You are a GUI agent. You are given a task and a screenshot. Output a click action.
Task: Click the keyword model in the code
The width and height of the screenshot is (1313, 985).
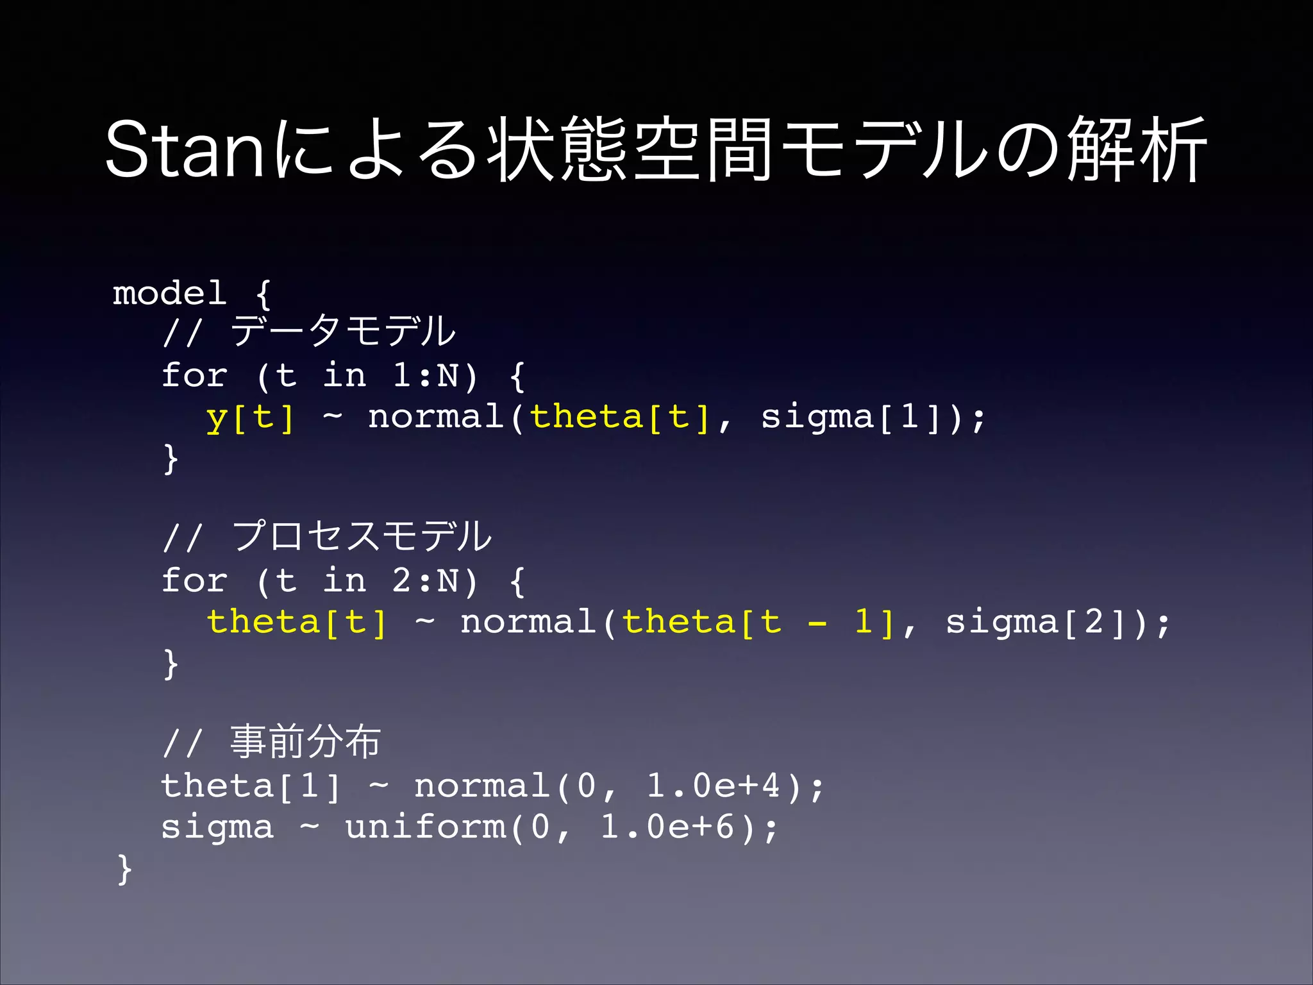[x=170, y=294]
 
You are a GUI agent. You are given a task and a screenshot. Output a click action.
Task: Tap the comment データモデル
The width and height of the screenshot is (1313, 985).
[x=343, y=332]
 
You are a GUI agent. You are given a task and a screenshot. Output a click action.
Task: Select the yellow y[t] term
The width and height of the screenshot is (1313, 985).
[x=251, y=417]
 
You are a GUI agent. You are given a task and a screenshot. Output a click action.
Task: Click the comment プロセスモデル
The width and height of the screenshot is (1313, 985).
[x=362, y=537]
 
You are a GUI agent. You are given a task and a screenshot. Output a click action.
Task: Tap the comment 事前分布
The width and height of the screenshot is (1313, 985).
[x=305, y=743]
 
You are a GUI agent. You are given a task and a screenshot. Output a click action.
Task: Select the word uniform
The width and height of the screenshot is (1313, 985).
[x=426, y=827]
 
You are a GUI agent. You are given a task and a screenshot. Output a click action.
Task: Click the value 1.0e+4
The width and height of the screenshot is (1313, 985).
[x=714, y=786]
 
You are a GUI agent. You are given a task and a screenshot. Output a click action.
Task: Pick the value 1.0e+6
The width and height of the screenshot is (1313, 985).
[x=667, y=827]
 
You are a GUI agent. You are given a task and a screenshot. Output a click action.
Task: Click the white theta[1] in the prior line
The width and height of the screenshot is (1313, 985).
[x=251, y=786]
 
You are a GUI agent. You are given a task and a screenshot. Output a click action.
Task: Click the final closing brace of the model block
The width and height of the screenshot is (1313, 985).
[x=124, y=870]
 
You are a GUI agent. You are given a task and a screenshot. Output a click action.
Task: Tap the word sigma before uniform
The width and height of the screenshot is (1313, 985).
[x=217, y=827]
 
